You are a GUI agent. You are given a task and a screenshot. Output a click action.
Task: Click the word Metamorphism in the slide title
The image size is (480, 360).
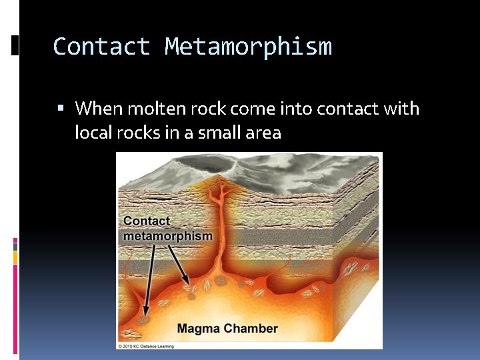pyautogui.click(x=248, y=47)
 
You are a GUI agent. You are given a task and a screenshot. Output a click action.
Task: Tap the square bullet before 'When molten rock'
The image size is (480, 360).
pyautogui.click(x=61, y=108)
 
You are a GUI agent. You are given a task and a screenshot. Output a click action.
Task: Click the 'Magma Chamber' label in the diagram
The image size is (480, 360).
pyautogui.click(x=227, y=328)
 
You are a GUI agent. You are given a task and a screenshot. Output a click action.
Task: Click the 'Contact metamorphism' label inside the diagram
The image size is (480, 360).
pyautogui.click(x=167, y=228)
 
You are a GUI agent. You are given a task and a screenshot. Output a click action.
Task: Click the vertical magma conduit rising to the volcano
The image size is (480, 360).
pyautogui.click(x=216, y=227)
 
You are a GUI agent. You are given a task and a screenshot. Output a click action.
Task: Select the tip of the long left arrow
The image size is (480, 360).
pyautogui.click(x=142, y=315)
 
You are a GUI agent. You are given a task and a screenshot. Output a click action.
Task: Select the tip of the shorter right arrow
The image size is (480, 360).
pyautogui.click(x=189, y=285)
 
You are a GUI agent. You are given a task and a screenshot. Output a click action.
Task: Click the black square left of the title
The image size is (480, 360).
pyautogui.click(x=16, y=45)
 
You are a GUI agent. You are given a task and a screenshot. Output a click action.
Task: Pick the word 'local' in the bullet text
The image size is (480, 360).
pyautogui.click(x=93, y=133)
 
